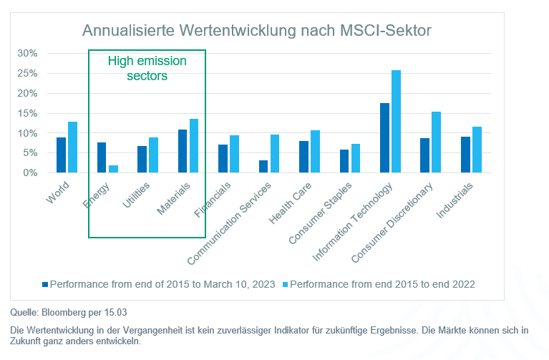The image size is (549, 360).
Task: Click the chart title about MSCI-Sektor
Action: [x=256, y=31]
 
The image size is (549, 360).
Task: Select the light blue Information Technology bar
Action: [x=397, y=122]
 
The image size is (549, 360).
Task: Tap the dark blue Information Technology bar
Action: [x=384, y=138]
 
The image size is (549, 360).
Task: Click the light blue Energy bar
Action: [x=113, y=169]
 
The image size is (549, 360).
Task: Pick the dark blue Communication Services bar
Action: [x=263, y=167]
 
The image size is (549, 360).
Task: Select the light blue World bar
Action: [x=72, y=147]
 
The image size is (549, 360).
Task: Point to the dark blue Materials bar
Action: [x=182, y=151]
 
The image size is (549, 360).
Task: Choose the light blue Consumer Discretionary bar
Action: [x=437, y=142]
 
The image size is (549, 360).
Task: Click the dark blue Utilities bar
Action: [x=142, y=160]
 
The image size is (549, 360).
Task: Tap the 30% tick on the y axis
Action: [x=27, y=54]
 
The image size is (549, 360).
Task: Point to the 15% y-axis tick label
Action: [x=27, y=113]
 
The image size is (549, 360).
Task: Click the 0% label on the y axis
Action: [x=30, y=173]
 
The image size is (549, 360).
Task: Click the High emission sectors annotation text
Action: [x=147, y=68]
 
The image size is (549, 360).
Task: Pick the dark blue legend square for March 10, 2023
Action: [x=45, y=284]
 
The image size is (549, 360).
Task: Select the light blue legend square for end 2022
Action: [x=285, y=284]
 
